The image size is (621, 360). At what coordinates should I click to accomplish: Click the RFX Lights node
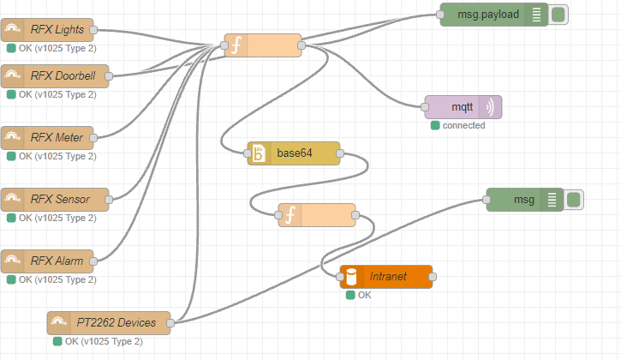[x=55, y=30]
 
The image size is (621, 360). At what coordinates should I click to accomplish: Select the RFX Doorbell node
[x=55, y=75]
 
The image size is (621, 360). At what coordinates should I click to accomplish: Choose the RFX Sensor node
[x=55, y=199]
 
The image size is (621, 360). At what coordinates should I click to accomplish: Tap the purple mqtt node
[x=463, y=107]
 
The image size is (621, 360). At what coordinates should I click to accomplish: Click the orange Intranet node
[x=386, y=277]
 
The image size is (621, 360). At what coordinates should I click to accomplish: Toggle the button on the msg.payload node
[x=559, y=15]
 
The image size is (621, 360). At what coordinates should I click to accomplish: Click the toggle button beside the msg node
[x=574, y=200]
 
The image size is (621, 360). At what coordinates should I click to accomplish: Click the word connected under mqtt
[x=463, y=126]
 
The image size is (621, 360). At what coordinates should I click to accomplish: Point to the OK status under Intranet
[x=365, y=295]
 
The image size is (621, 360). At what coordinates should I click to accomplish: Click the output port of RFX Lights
[x=93, y=30]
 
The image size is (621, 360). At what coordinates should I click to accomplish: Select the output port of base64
[x=340, y=154]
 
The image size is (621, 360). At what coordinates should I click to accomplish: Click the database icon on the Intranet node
[x=352, y=277]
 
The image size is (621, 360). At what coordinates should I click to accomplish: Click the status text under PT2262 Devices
[x=104, y=342]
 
